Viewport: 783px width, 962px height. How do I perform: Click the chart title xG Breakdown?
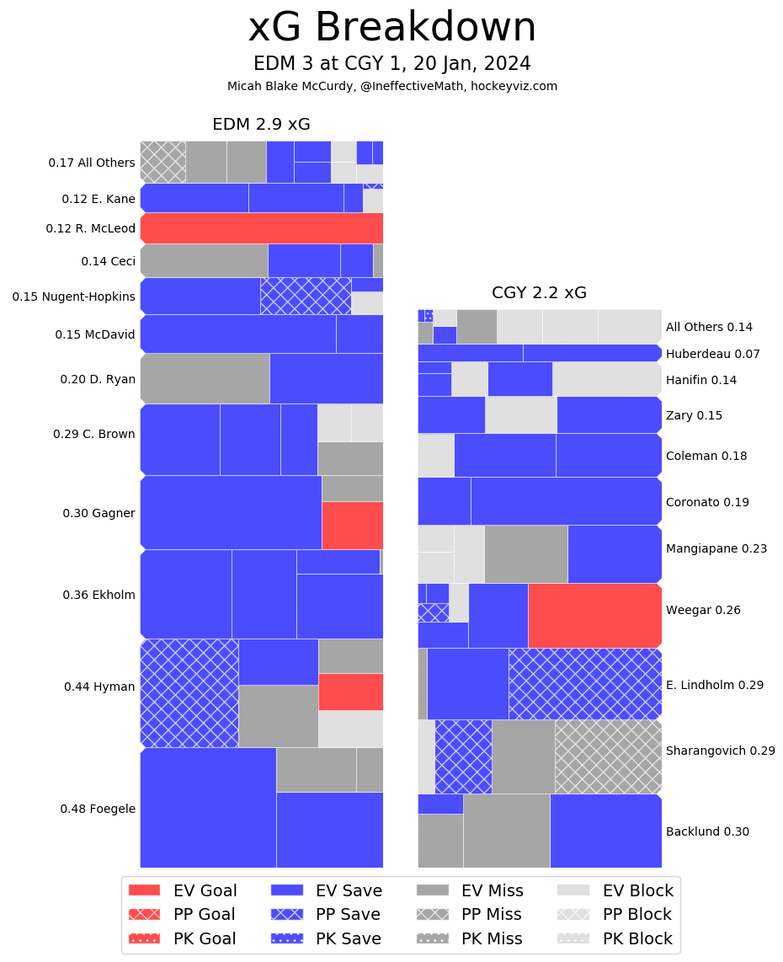pyautogui.click(x=391, y=29)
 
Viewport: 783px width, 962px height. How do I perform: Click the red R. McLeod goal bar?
pyautogui.click(x=262, y=228)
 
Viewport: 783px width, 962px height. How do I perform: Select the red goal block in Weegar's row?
pyautogui.click(x=594, y=615)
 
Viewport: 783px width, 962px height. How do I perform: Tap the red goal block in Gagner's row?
pyautogui.click(x=352, y=525)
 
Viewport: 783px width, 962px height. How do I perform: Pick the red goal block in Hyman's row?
pyautogui.click(x=350, y=691)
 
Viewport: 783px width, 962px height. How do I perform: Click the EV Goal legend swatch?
pyautogui.click(x=144, y=890)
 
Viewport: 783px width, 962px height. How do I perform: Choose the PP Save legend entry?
pyautogui.click(x=325, y=914)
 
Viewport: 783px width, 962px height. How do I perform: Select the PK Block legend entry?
pyautogui.click(x=615, y=938)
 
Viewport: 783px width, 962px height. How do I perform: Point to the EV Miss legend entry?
pyautogui.click(x=470, y=890)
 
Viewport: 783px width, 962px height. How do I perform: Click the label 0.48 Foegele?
pyautogui.click(x=98, y=809)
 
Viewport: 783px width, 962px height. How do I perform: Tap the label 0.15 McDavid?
pyautogui.click(x=95, y=334)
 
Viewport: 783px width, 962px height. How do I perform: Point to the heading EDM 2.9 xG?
pyautogui.click(x=261, y=125)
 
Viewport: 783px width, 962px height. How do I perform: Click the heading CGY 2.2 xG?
pyautogui.click(x=539, y=293)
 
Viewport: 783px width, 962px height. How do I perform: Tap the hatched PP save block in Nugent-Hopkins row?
pyautogui.click(x=306, y=296)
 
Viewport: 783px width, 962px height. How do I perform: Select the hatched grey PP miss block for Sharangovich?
pyautogui.click(x=608, y=756)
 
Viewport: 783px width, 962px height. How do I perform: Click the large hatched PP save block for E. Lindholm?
pyautogui.click(x=584, y=683)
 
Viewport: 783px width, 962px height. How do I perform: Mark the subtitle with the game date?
pyautogui.click(x=391, y=64)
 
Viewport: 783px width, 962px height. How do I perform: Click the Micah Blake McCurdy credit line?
pyautogui.click(x=391, y=86)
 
